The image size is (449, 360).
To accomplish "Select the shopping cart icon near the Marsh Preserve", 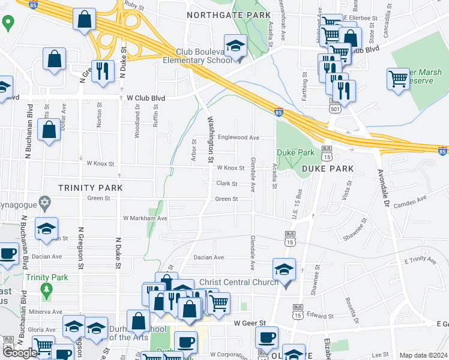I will [399, 79].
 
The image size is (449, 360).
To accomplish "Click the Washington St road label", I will [211, 140].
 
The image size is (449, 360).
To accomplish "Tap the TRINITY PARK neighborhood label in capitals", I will [90, 188].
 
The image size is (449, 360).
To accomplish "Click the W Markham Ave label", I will [145, 218].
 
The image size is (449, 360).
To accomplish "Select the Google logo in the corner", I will [20, 353].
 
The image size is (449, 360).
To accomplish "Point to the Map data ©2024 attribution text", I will [423, 355].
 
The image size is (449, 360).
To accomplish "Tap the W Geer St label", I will [249, 323].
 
